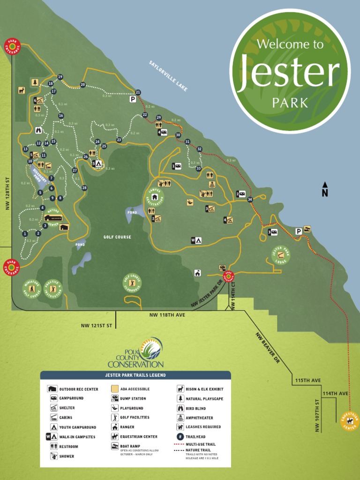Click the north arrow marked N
coord(324,189)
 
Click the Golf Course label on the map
coord(117,237)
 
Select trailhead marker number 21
coord(138,92)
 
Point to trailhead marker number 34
coord(250,199)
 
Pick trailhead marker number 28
coord(84,188)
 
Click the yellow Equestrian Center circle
coord(350,420)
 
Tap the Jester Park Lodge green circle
coord(281,255)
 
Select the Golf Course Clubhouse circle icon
coord(132,283)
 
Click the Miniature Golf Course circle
coord(32,289)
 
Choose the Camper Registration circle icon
coord(155,196)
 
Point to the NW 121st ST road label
coord(97,325)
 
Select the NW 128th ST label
coord(7,193)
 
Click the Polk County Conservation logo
coord(135,353)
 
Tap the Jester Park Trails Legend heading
coord(135,375)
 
